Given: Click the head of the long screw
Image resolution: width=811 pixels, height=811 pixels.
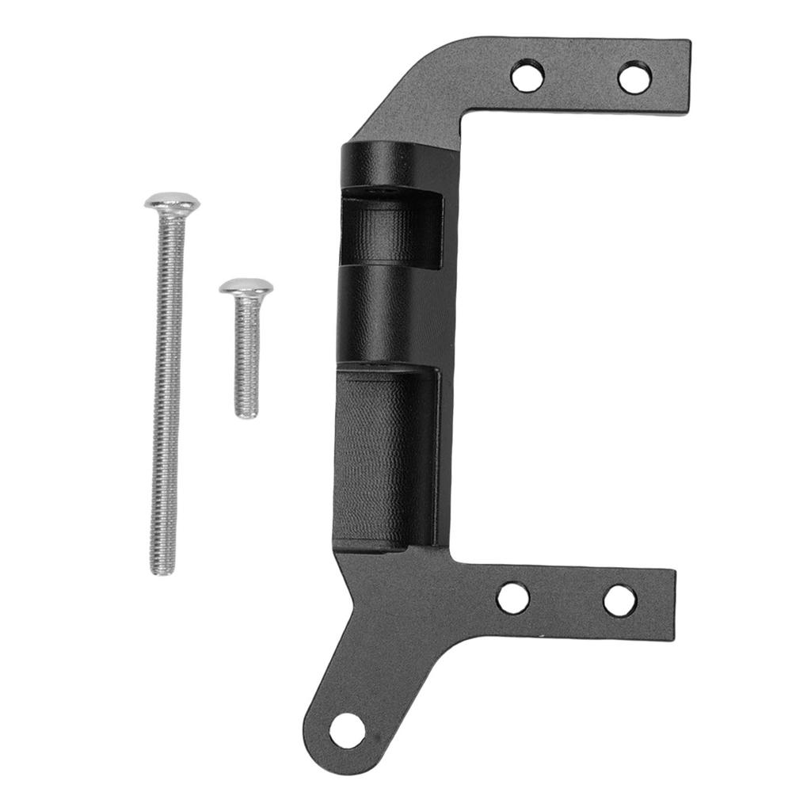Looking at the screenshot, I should pos(172,204).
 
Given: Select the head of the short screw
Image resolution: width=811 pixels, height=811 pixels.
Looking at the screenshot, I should pos(246,287).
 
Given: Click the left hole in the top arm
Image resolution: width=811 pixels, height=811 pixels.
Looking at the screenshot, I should pos(527,76).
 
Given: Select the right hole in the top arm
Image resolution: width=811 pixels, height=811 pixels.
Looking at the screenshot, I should pos(634,78).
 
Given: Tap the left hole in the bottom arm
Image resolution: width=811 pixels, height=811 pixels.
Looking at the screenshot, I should pos(513,598).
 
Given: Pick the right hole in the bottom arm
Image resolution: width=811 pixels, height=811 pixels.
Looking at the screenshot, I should pos(619,600).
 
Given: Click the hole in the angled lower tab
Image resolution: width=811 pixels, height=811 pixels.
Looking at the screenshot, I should pos(347,730).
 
